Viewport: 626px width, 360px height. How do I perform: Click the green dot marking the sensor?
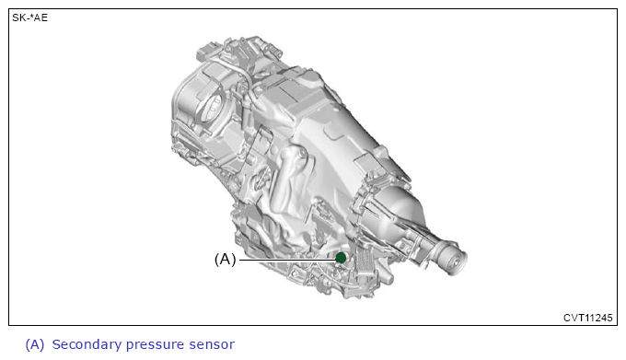[x=341, y=258]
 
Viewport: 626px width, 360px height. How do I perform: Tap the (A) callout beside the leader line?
[x=226, y=260]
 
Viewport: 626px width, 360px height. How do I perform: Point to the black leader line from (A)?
[x=287, y=260]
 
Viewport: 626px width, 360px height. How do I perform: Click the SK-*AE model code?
[x=30, y=17]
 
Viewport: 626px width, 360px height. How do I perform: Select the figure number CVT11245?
[x=587, y=318]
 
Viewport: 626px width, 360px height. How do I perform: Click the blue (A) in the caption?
[x=35, y=344]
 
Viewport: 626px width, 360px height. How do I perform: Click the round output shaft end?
[x=455, y=261]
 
